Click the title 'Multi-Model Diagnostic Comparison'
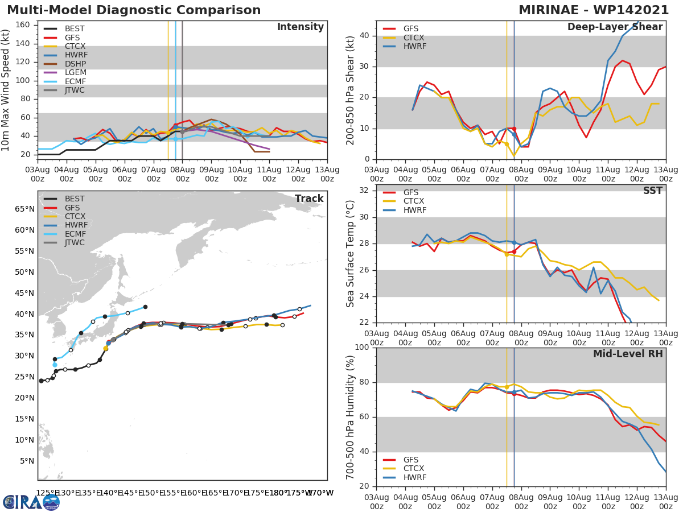(x=134, y=10)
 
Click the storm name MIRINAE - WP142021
(x=598, y=10)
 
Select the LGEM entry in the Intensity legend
(x=75, y=73)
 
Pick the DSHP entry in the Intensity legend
(x=75, y=64)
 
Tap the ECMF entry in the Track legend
(x=75, y=234)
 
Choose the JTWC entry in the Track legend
(x=75, y=243)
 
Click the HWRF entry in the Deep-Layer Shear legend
(x=414, y=47)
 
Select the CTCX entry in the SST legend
(x=414, y=201)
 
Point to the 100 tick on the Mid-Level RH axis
(x=362, y=348)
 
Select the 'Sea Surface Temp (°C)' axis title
(x=351, y=254)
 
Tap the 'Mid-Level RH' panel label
(x=628, y=354)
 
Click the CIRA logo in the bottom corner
(x=31, y=502)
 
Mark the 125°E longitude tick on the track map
(x=46, y=493)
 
